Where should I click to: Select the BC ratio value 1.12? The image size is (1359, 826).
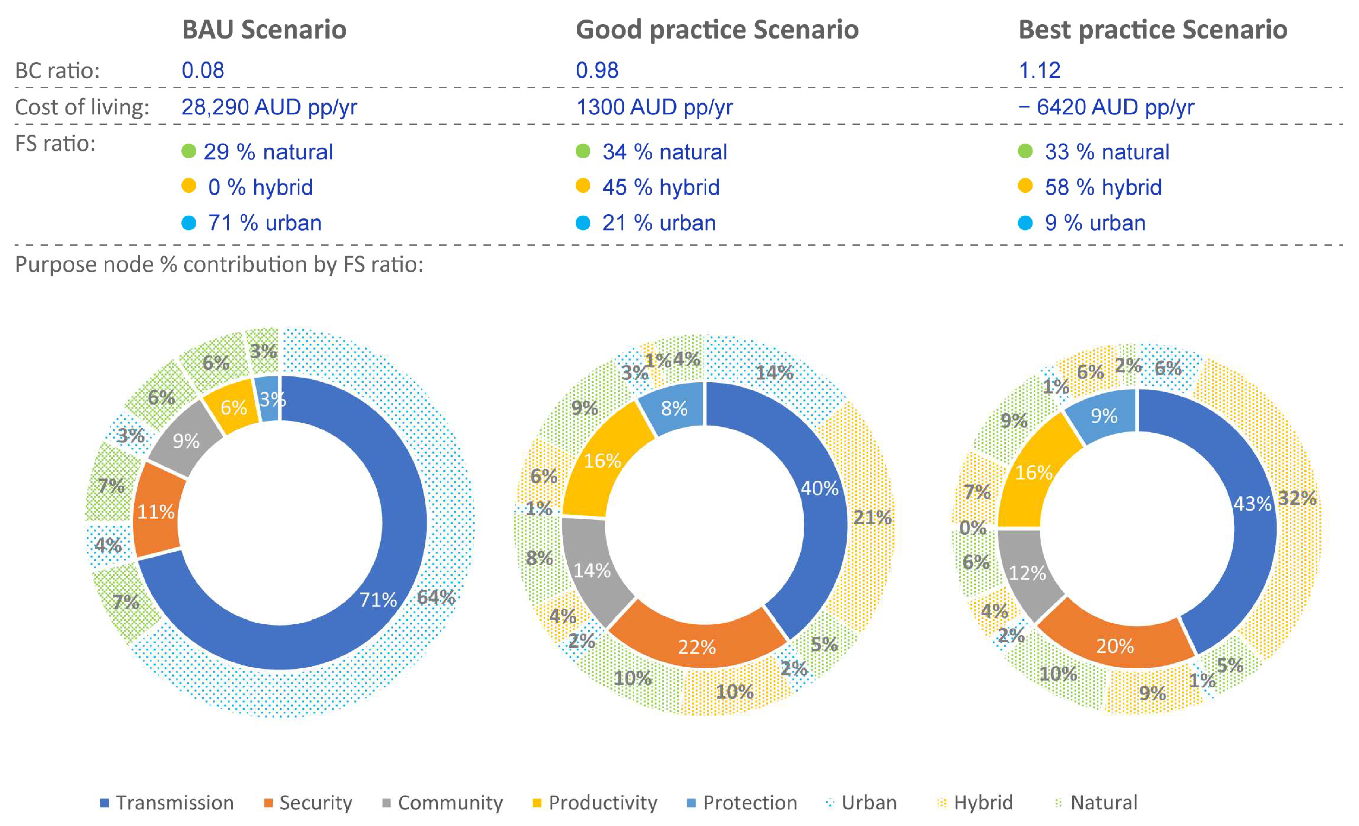pyautogui.click(x=1039, y=71)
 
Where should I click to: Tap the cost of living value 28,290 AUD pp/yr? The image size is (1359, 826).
pyautogui.click(x=269, y=107)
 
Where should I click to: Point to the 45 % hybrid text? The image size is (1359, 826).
pyautogui.click(x=661, y=188)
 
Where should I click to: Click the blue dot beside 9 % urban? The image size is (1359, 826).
pyautogui.click(x=1025, y=223)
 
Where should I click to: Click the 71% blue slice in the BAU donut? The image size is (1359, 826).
pyautogui.click(x=378, y=599)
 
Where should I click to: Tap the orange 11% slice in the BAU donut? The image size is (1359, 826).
pyautogui.click(x=156, y=512)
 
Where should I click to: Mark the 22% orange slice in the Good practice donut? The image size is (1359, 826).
pyautogui.click(x=697, y=647)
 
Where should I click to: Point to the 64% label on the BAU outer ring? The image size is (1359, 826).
pyautogui.click(x=436, y=597)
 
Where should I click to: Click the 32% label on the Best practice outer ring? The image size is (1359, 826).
pyautogui.click(x=1297, y=498)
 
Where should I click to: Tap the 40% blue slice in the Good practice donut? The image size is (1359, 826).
pyautogui.click(x=820, y=488)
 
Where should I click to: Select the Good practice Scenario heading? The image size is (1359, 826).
pyautogui.click(x=717, y=30)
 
